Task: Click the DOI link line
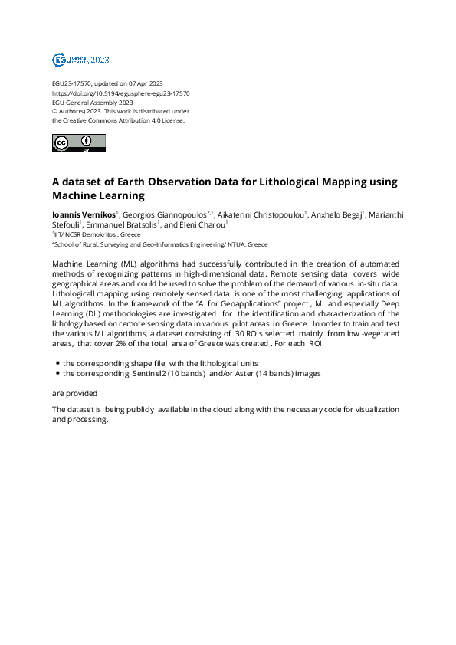click(120, 93)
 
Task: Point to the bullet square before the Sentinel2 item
click(57, 372)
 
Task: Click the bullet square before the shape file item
click(57, 362)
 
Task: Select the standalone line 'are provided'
click(74, 393)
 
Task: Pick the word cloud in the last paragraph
click(231, 410)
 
